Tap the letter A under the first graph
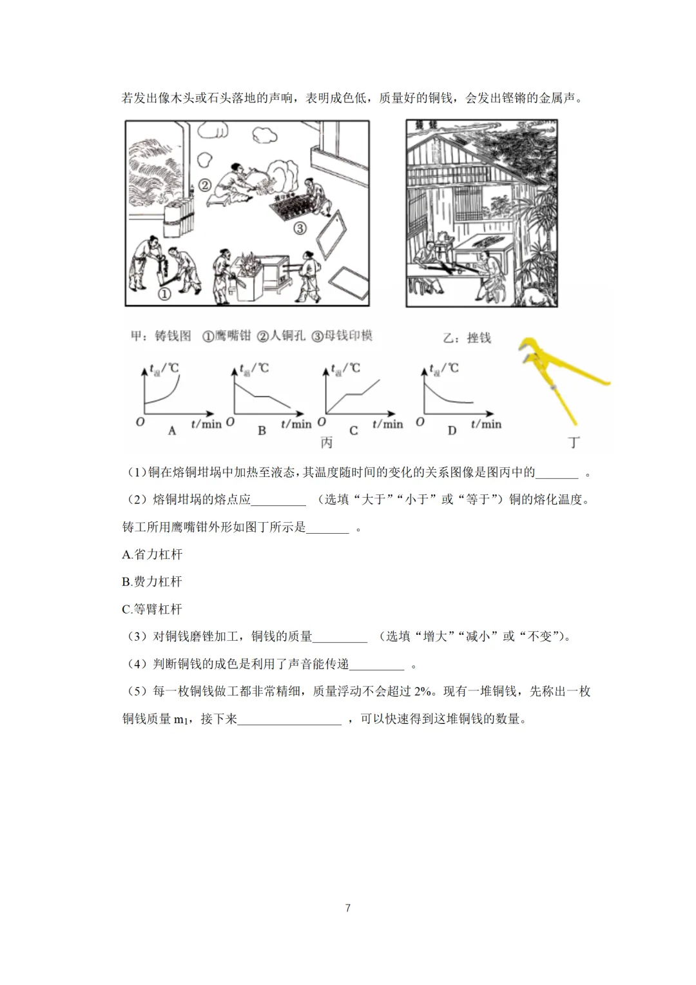click(172, 430)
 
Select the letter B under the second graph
click(262, 430)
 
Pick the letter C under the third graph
click(353, 430)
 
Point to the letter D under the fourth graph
click(452, 430)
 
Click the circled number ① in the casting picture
click(164, 294)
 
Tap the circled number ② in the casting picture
click(204, 185)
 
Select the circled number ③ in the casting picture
click(300, 228)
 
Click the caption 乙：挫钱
click(467, 338)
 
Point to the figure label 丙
click(327, 443)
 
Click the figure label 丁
click(574, 443)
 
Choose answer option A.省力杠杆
click(152, 554)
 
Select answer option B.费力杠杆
click(152, 581)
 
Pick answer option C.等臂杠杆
click(152, 609)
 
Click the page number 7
click(348, 908)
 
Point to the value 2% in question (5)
click(422, 692)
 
